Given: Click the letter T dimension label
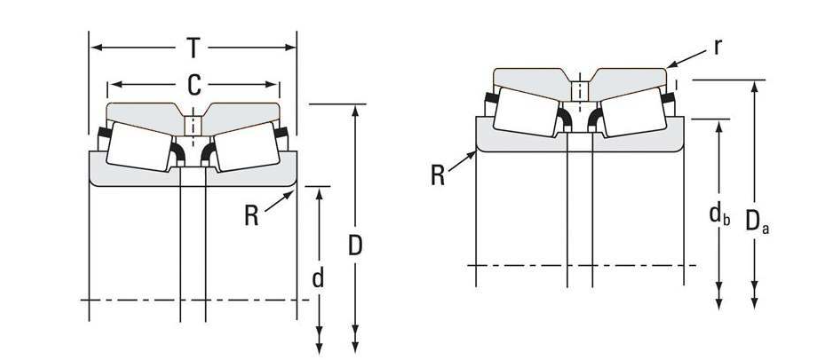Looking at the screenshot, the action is (194, 48).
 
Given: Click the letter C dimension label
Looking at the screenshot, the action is (195, 85).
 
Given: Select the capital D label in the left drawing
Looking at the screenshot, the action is (355, 246).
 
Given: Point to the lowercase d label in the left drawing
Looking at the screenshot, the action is (318, 278).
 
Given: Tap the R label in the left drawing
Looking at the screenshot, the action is (252, 216).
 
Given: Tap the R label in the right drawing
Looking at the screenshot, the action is (438, 176).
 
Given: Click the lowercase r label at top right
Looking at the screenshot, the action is (718, 48).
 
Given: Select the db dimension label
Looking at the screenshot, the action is (719, 214).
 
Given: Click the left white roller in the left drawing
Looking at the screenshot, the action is (139, 146).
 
